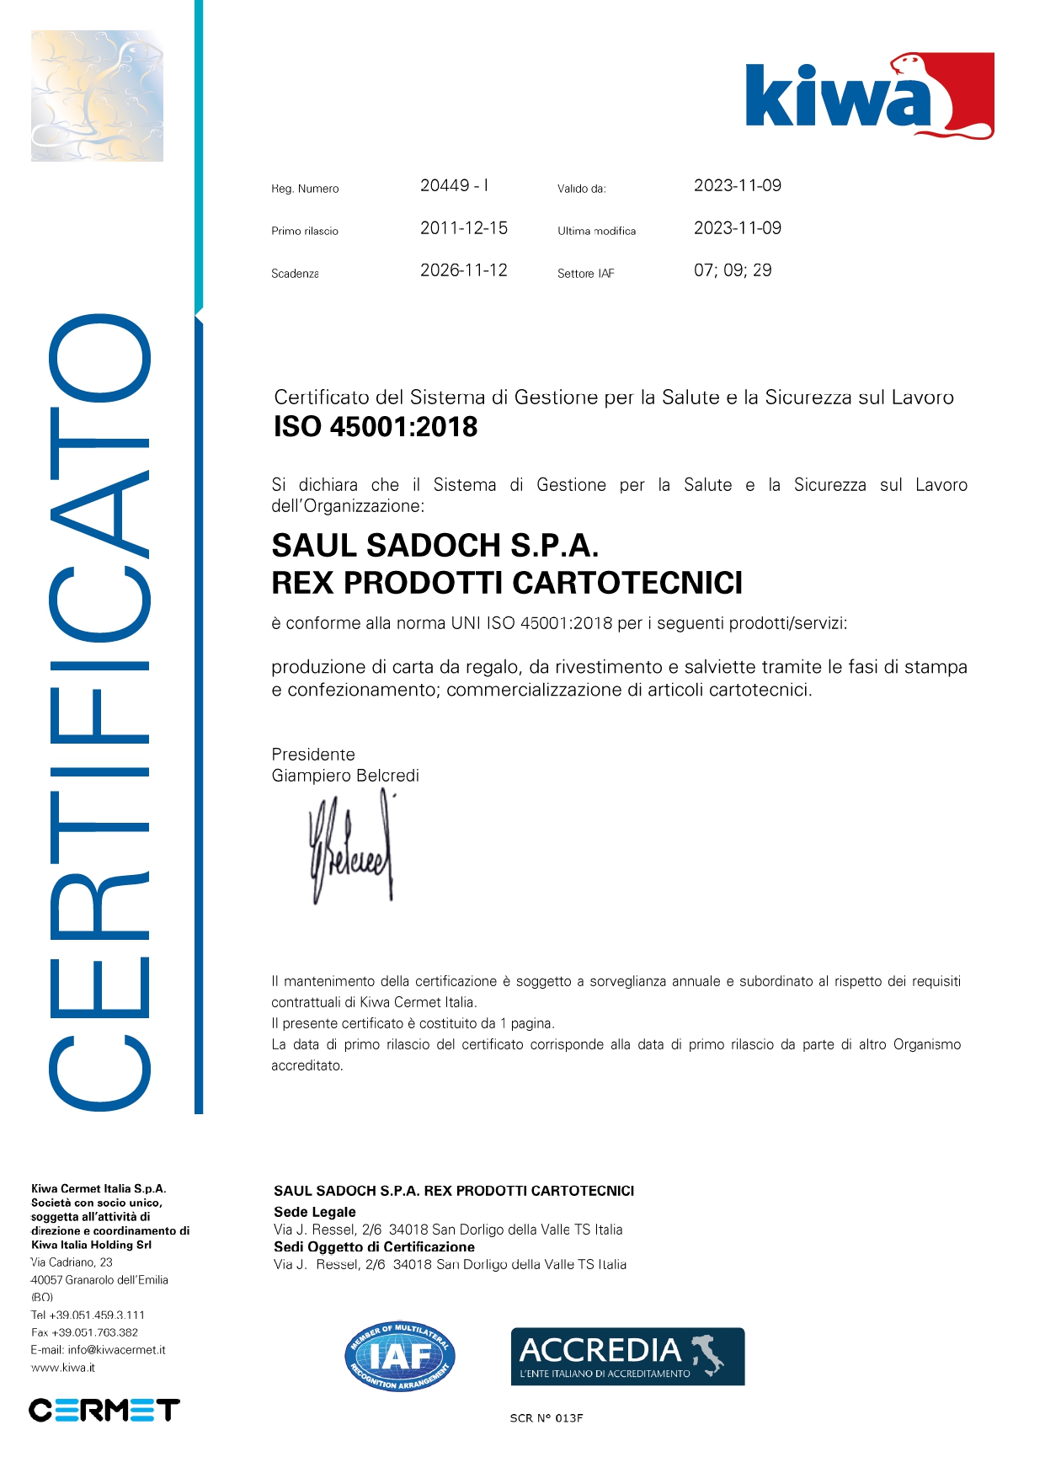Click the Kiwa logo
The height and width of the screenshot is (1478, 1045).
(869, 96)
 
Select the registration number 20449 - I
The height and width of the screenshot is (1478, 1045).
(454, 186)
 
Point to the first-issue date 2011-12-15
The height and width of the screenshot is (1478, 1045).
(464, 228)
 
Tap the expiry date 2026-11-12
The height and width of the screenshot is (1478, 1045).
(464, 270)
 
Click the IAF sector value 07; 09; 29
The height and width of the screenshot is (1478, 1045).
(733, 270)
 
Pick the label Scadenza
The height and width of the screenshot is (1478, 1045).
(295, 274)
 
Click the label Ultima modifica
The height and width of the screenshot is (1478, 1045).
(596, 231)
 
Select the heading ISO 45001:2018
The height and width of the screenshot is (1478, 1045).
(376, 427)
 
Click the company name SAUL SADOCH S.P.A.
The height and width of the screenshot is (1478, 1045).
(435, 546)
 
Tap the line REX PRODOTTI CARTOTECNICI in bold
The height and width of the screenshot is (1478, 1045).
(507, 583)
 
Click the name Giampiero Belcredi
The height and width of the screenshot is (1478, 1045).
(345, 776)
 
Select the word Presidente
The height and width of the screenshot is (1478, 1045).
(313, 755)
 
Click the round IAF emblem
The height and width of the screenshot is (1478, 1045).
(400, 1356)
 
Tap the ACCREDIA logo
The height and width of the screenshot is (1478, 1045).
(627, 1356)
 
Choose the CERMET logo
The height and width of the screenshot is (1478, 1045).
(104, 1410)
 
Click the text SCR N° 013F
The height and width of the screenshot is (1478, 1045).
(546, 1418)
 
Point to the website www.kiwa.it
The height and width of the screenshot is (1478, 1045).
(63, 1368)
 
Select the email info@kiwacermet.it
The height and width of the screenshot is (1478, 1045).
(116, 1350)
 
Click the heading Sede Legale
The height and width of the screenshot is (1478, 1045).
(315, 1212)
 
